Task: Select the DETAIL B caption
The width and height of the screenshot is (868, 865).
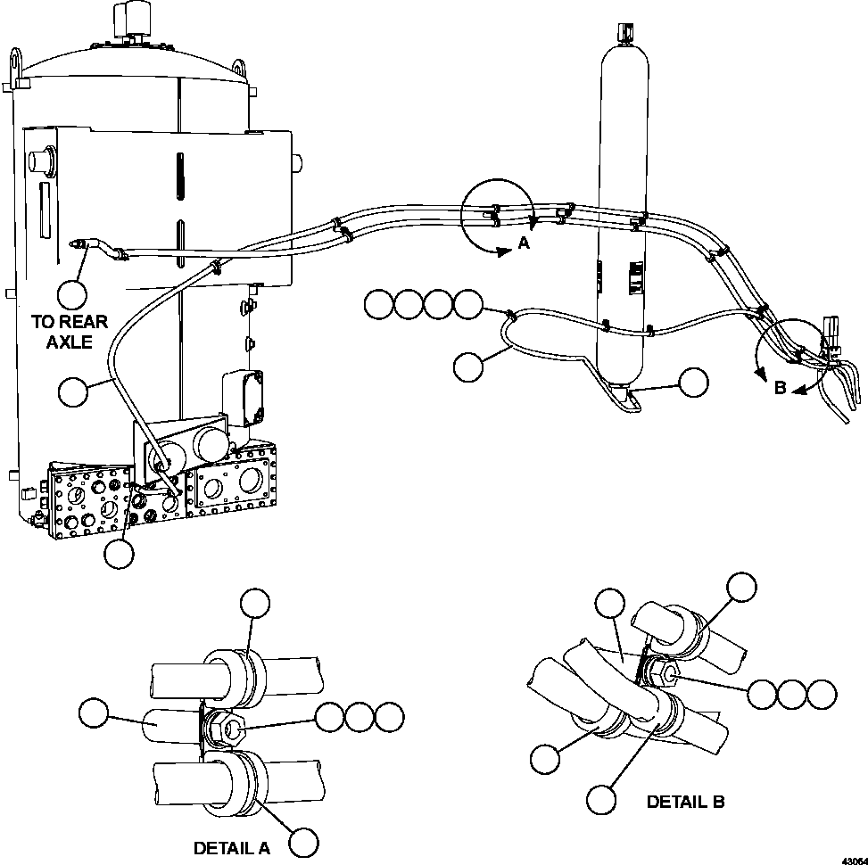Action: [685, 802]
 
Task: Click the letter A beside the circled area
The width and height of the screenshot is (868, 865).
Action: [524, 245]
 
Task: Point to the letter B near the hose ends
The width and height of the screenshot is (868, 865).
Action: [780, 389]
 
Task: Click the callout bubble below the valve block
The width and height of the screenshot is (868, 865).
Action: [119, 554]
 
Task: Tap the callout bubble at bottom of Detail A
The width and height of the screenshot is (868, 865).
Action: [305, 842]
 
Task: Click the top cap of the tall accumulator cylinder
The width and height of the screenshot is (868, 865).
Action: [625, 30]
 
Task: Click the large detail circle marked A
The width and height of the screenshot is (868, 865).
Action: [497, 215]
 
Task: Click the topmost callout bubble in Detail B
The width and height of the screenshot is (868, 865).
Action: [741, 588]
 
